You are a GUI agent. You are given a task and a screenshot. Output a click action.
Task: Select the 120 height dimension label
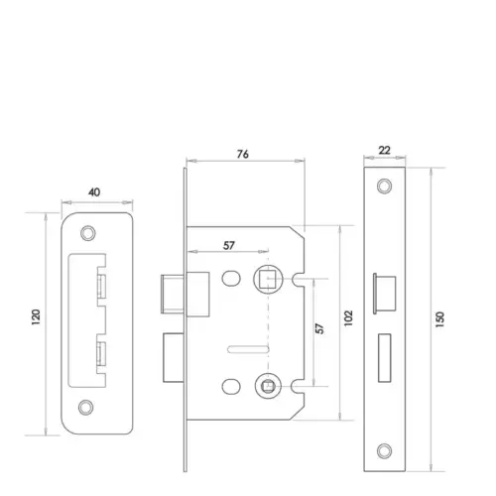[x=37, y=317]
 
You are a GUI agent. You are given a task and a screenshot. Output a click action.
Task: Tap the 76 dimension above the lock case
[x=244, y=153]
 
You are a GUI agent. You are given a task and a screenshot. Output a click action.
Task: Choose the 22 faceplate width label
[x=385, y=152]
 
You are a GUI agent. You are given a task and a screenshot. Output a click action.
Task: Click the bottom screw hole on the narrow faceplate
[x=385, y=451]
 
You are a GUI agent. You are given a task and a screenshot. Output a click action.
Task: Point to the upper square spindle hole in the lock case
[x=265, y=279]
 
